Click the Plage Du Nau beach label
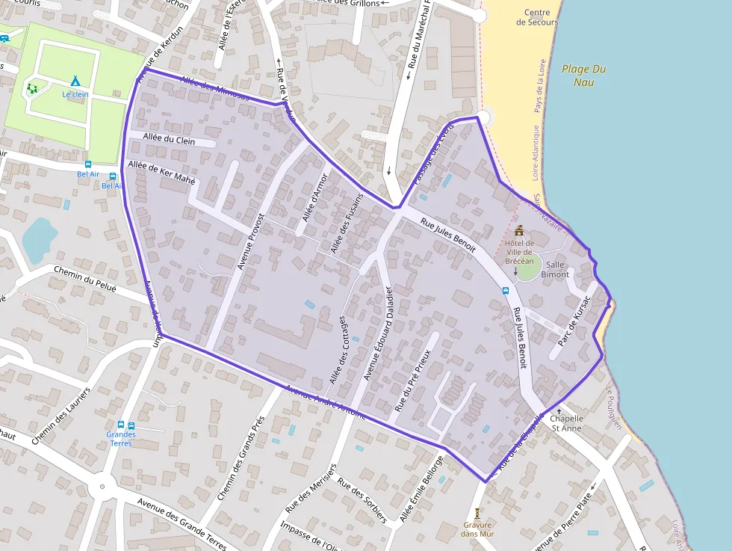pos(583,75)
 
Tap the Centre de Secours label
pos(537,17)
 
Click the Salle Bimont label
pos(555,269)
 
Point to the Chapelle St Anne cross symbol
pos(559,411)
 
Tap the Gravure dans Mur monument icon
pos(477,514)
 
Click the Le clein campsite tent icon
pos(75,80)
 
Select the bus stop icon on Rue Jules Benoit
pos(506,291)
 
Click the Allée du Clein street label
pos(169,139)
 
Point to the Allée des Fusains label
pos(347,223)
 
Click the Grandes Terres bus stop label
pos(121,439)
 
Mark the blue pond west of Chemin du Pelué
pos(39,238)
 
